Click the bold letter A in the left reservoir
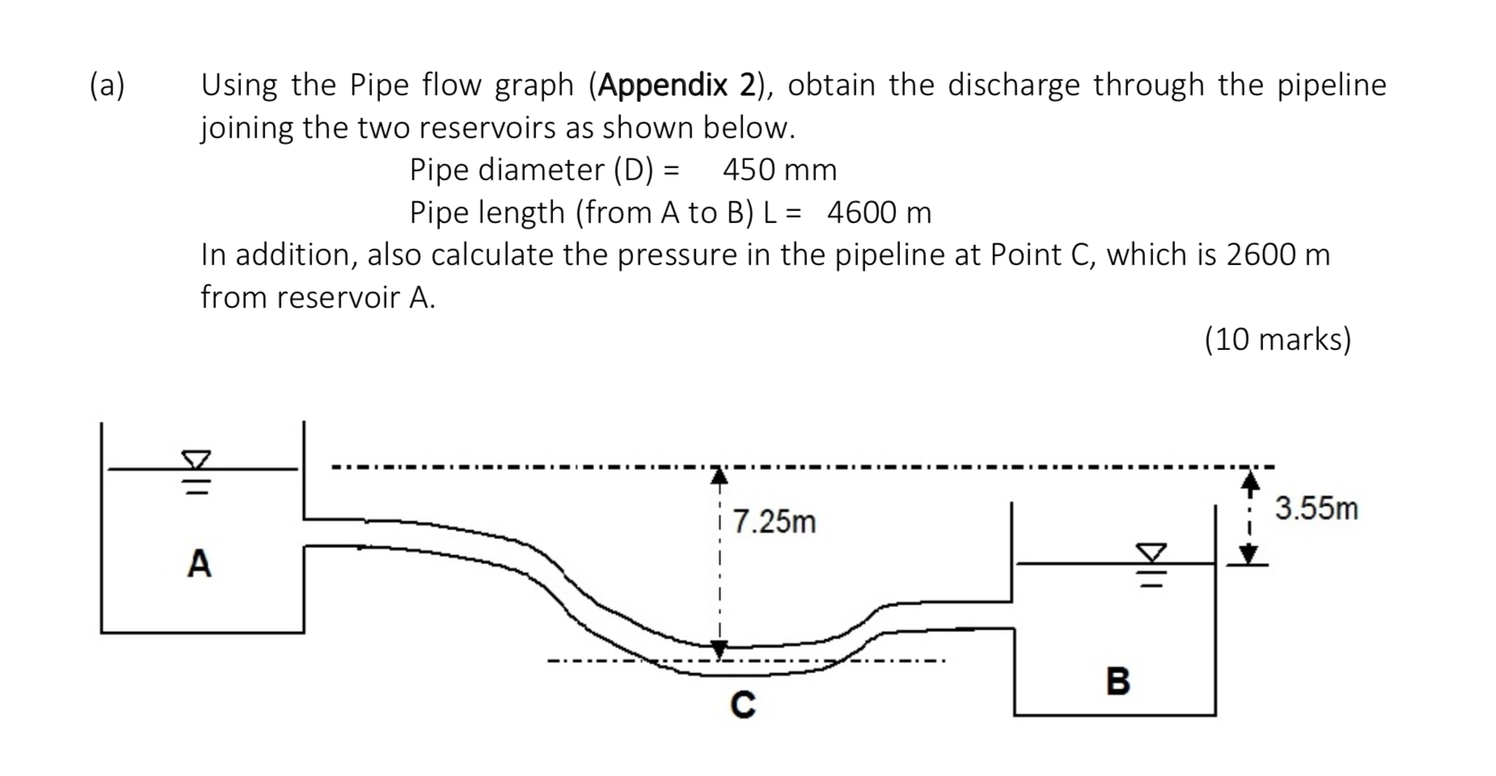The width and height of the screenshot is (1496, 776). [x=199, y=563]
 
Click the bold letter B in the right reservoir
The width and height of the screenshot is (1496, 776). [x=1118, y=681]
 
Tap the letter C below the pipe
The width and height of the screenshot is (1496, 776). [x=742, y=705]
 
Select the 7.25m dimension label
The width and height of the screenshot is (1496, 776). [x=774, y=522]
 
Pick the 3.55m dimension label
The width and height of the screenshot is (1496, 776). [x=1316, y=509]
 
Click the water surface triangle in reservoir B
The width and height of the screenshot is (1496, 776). [x=1152, y=553]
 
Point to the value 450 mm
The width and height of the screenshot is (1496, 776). [x=780, y=170]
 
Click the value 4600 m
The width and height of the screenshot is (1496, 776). [x=879, y=213]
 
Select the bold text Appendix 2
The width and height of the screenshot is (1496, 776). [x=677, y=85]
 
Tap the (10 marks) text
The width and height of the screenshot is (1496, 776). [x=1277, y=339]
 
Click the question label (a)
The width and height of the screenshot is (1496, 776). [x=108, y=85]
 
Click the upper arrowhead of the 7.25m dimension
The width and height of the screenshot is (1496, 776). [x=719, y=476]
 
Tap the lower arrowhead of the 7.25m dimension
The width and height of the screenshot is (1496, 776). [x=719, y=649]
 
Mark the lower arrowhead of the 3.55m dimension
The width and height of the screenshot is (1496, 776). [x=1250, y=555]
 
